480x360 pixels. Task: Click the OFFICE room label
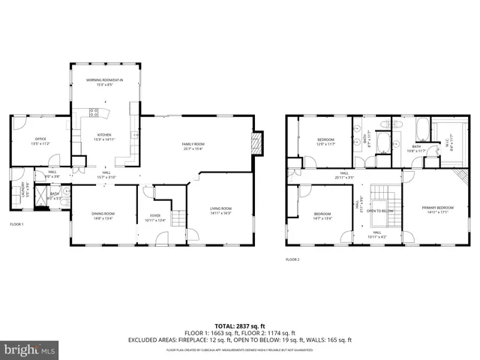point(41,140)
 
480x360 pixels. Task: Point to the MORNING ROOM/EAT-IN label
point(104,81)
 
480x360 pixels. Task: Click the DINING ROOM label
point(103,216)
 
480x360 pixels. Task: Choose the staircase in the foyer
point(178,218)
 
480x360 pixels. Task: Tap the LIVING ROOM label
point(220,210)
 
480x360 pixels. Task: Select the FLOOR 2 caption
point(292,259)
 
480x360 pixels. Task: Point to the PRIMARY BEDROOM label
point(436,210)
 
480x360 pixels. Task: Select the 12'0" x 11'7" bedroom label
point(325,141)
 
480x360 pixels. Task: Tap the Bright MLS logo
point(30,349)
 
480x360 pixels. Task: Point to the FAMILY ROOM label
point(193,145)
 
